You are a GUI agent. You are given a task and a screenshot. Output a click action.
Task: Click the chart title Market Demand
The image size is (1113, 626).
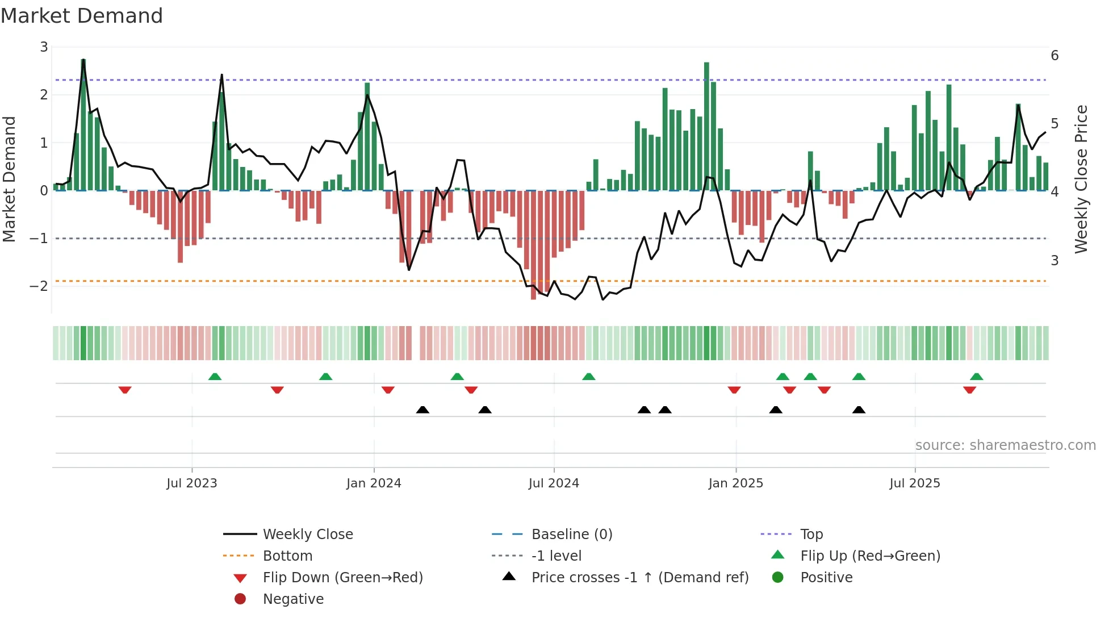click(x=82, y=16)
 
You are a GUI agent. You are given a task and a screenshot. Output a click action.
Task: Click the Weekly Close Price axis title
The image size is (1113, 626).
click(x=1081, y=179)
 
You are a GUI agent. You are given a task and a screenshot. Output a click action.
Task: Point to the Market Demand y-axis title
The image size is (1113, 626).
click(x=9, y=179)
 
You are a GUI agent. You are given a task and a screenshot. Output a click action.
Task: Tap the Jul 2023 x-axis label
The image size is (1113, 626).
click(x=192, y=483)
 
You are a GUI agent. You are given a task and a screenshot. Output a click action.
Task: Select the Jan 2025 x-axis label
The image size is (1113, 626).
click(x=735, y=483)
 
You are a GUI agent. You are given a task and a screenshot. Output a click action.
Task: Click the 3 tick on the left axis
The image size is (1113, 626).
click(x=44, y=47)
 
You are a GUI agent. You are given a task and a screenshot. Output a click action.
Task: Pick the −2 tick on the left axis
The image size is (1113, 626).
click(x=39, y=286)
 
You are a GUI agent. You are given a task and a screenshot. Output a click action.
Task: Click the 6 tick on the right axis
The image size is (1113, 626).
click(x=1055, y=56)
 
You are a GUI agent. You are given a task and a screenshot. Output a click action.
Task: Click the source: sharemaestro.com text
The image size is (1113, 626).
click(x=1005, y=445)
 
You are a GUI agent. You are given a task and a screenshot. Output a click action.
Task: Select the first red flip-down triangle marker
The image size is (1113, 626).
click(x=125, y=390)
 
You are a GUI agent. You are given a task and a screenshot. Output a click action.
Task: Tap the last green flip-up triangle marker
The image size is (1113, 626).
click(x=976, y=377)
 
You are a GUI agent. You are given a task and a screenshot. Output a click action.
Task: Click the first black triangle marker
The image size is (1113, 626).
click(x=422, y=410)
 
